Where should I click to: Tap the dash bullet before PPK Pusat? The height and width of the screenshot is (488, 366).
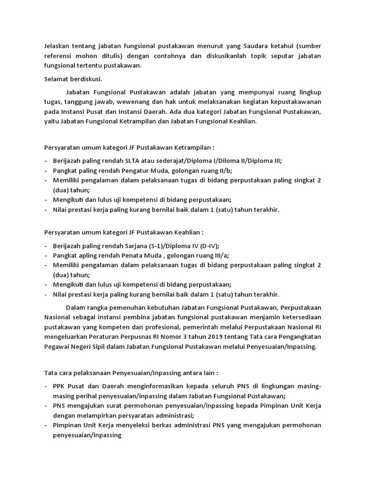click(x=46, y=386)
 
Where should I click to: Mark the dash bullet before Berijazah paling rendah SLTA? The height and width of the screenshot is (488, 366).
click(x=46, y=161)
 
